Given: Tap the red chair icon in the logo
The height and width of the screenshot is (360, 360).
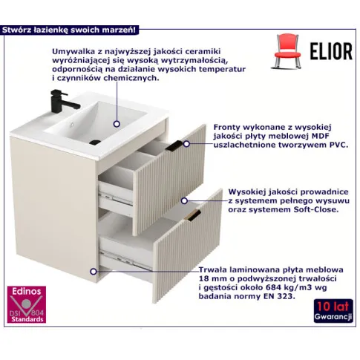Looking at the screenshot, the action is pyautogui.click(x=287, y=50).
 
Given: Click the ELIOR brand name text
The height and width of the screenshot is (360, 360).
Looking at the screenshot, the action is pyautogui.click(x=331, y=51).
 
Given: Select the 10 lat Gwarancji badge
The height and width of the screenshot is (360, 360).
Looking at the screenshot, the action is pyautogui.click(x=333, y=311).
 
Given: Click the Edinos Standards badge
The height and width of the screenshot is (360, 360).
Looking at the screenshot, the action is pyautogui.click(x=27, y=304).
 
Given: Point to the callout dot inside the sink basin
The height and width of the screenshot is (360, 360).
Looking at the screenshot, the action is pyautogui.click(x=117, y=124).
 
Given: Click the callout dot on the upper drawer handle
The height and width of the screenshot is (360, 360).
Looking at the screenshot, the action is pyautogui.click(x=186, y=143).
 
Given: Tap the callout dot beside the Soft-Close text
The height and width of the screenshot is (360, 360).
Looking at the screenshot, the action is pyautogui.click(x=184, y=200).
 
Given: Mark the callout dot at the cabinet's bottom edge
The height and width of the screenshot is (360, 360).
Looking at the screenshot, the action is pyautogui.click(x=94, y=272).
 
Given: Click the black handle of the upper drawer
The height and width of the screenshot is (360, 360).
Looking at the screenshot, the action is pyautogui.click(x=174, y=145).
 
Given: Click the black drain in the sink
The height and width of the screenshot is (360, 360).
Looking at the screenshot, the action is pyautogui.click(x=95, y=143).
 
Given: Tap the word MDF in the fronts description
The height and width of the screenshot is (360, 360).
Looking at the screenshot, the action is pyautogui.click(x=321, y=136).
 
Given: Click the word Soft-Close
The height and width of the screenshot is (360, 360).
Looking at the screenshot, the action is pyautogui.click(x=315, y=209).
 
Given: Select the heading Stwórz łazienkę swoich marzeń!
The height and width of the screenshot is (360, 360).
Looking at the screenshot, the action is pyautogui.click(x=69, y=30).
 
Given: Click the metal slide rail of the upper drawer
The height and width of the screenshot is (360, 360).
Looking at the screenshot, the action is pyautogui.click(x=116, y=198).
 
